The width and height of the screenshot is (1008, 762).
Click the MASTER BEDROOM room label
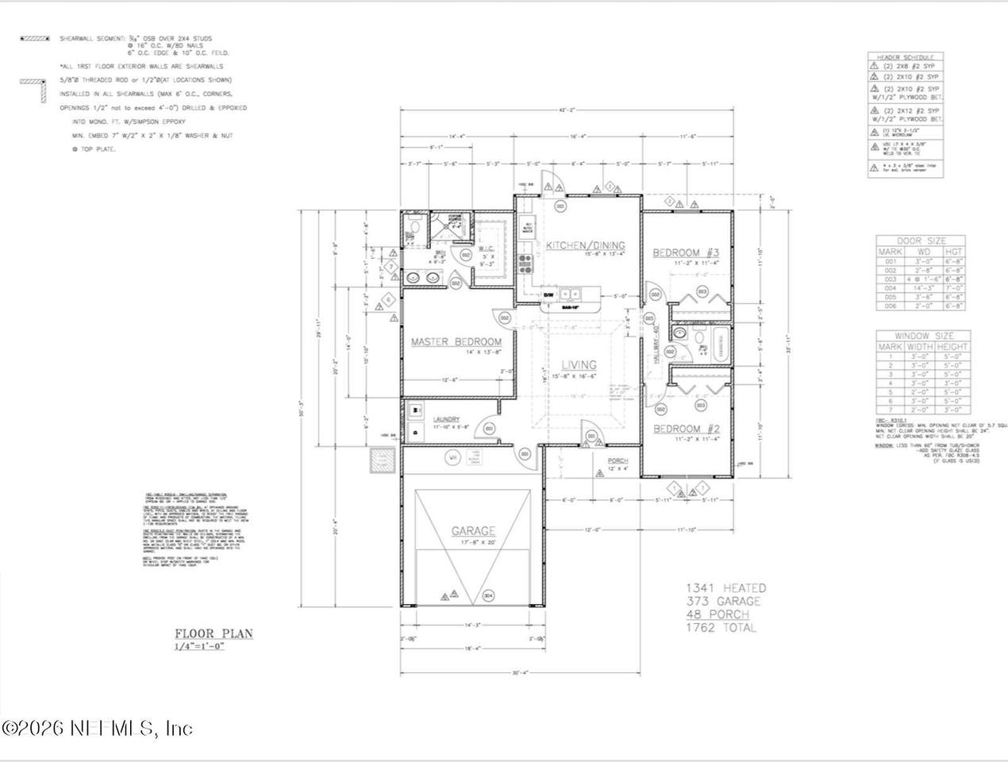(x=456, y=342)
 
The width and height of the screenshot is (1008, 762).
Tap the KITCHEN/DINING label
(x=585, y=245)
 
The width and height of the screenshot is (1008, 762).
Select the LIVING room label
(x=579, y=365)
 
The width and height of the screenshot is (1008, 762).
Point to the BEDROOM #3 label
(x=685, y=252)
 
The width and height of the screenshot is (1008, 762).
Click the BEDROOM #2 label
(x=686, y=429)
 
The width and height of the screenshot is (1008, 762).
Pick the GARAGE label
(x=474, y=531)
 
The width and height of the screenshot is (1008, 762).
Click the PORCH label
(x=617, y=460)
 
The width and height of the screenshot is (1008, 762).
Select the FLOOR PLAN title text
(x=214, y=633)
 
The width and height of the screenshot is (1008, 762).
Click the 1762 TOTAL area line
(x=721, y=628)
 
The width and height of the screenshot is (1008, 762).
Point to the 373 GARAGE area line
(x=723, y=602)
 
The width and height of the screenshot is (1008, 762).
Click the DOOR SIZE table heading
(x=921, y=241)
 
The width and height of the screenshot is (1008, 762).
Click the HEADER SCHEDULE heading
(x=905, y=58)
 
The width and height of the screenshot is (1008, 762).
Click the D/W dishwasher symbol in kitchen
(x=548, y=295)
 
